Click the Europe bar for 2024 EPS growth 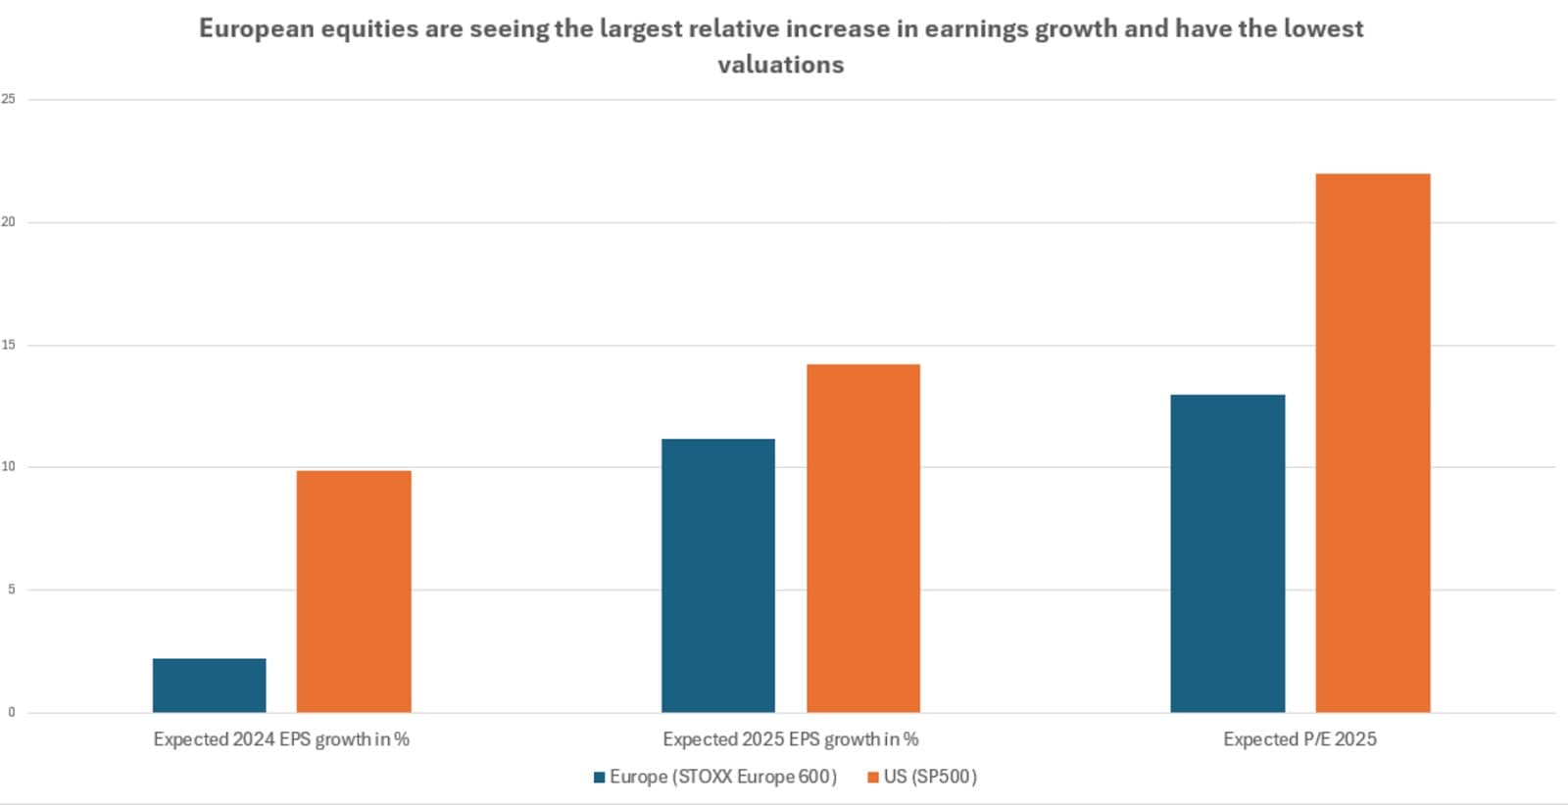[209, 685]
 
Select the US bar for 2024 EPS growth [354, 592]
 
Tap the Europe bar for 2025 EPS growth [717, 575]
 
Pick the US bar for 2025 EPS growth [862, 538]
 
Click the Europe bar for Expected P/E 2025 [1227, 553]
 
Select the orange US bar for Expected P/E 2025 [1372, 443]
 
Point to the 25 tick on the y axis [9, 99]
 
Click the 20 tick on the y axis [9, 222]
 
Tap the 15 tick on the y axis [9, 345]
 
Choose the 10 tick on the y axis [9, 467]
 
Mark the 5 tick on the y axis [11, 590]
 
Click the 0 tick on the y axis [11, 712]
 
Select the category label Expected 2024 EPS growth [281, 739]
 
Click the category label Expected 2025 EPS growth [790, 739]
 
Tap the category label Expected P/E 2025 [1299, 739]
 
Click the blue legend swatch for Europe [599, 778]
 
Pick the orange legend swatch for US [872, 778]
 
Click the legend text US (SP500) [930, 777]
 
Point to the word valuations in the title [780, 65]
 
